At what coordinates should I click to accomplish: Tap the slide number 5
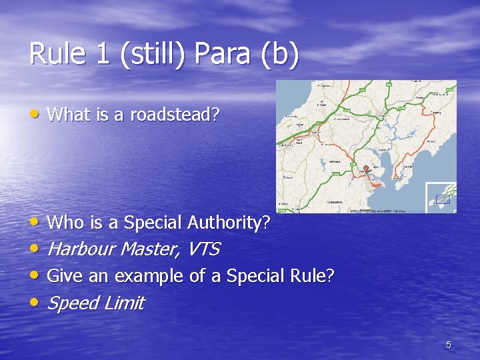(449, 345)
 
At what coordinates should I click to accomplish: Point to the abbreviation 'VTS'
(203, 249)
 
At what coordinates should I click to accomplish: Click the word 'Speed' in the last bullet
(73, 303)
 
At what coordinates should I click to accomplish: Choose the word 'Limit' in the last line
(125, 303)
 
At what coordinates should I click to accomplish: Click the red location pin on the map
(365, 168)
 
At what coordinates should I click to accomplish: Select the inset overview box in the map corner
(441, 197)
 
